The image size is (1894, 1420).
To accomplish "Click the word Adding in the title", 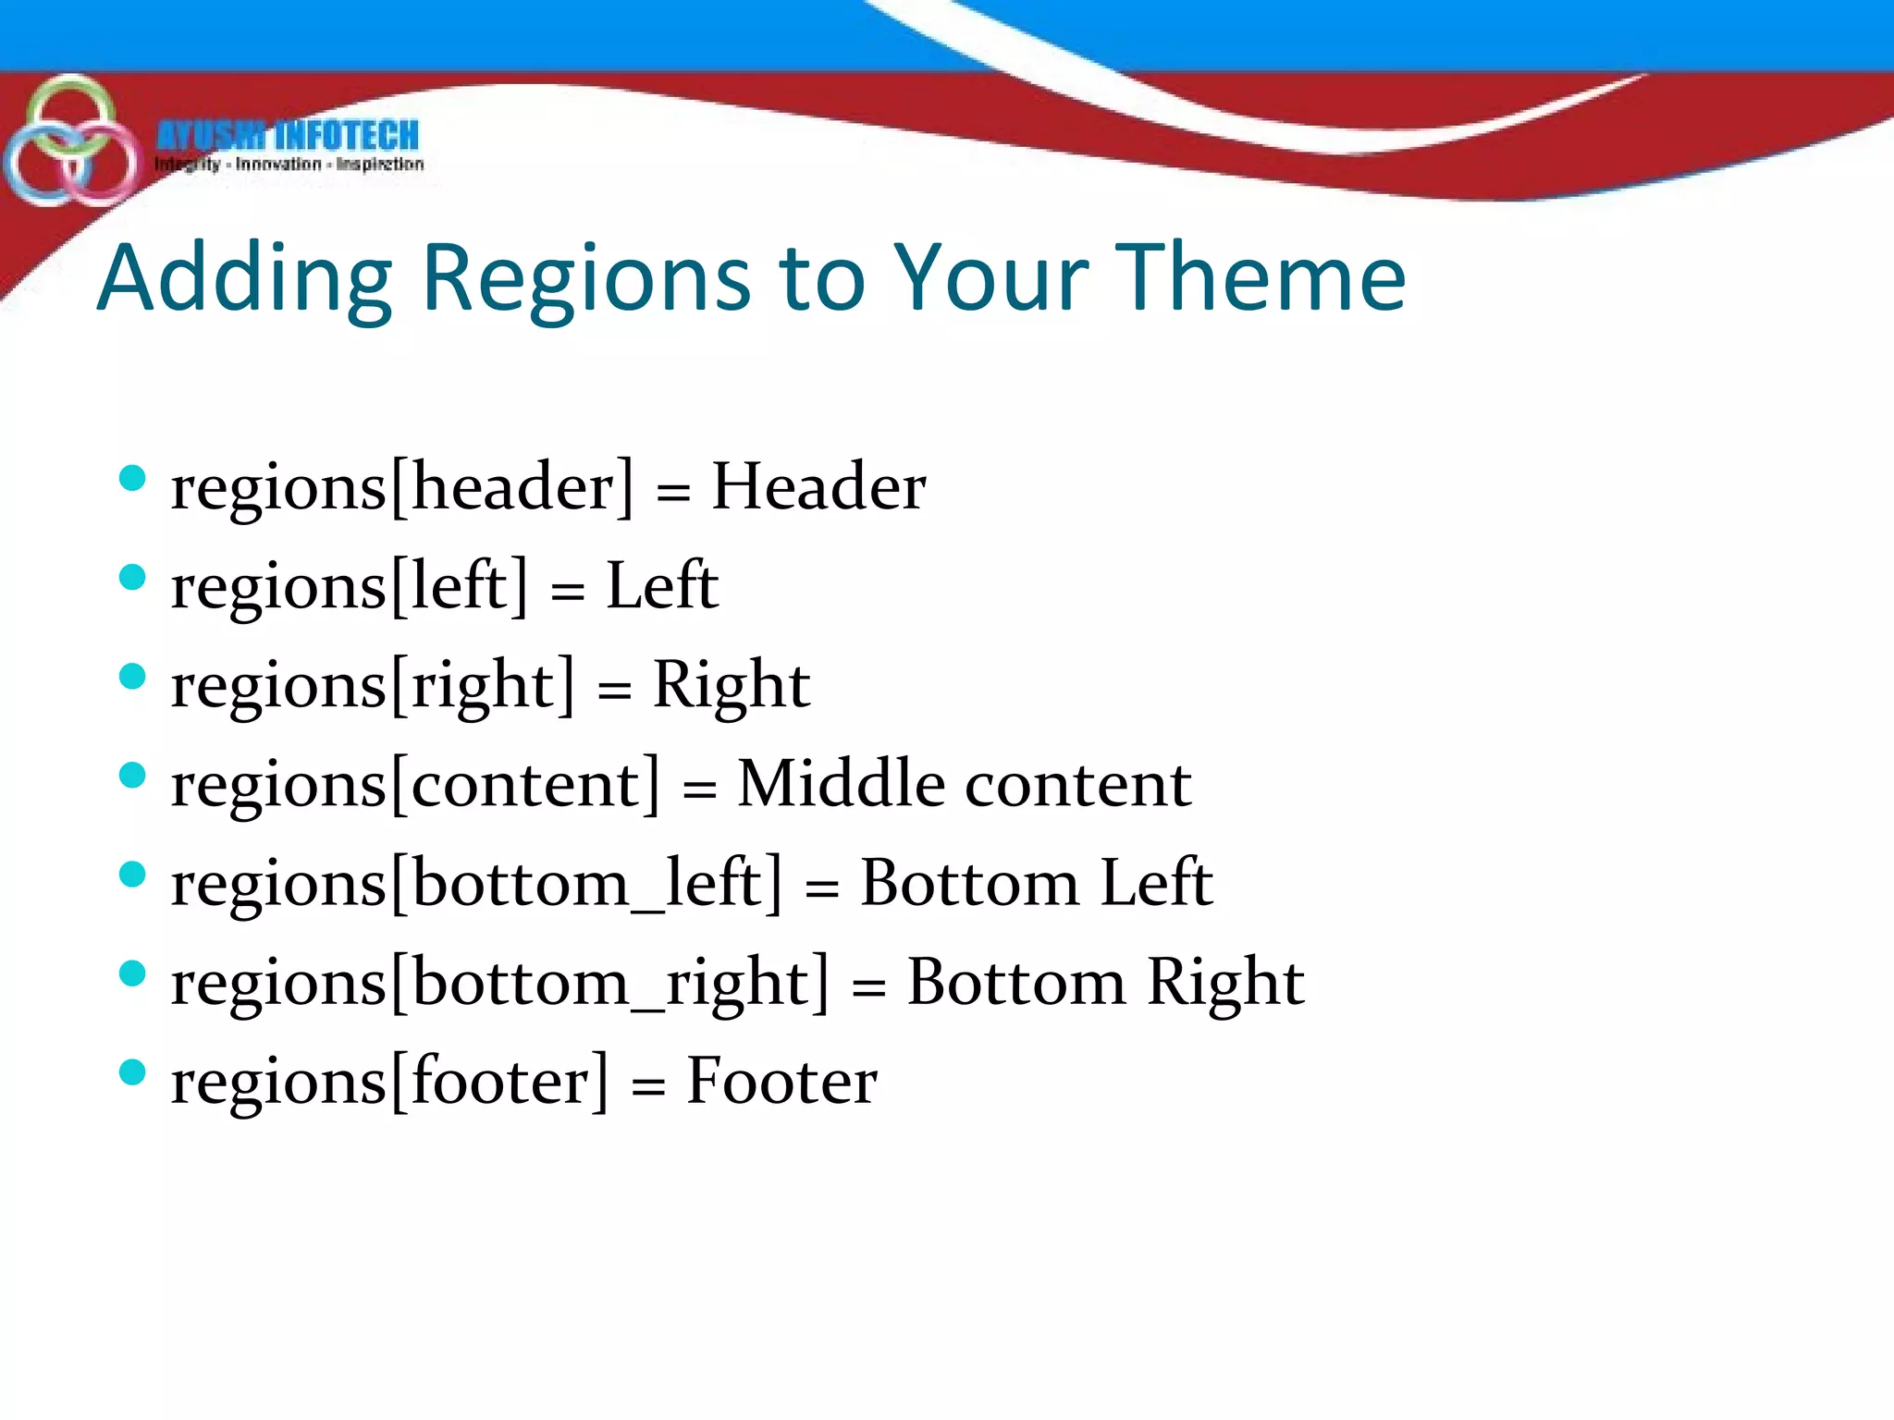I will pos(246,278).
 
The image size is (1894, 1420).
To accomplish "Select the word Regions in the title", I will pos(586,278).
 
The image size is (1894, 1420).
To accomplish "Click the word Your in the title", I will pos(992,276).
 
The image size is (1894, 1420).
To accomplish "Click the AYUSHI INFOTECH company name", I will pos(288,136).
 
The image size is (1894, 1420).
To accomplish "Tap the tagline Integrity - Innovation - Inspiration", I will pos(289,165).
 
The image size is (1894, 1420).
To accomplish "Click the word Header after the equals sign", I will pos(818,486).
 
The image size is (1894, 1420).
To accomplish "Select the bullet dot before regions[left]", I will pos(133,578).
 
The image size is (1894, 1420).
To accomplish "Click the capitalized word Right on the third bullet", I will pos(731,686).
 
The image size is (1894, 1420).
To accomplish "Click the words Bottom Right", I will pos(1105,982).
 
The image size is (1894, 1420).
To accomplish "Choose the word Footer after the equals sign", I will pos(781,1081).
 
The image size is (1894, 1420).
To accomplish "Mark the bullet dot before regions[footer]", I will pos(133,1072).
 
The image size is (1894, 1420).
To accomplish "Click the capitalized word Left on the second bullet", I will pos(661,586).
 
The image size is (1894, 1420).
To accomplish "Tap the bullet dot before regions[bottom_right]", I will pos(133,973).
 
